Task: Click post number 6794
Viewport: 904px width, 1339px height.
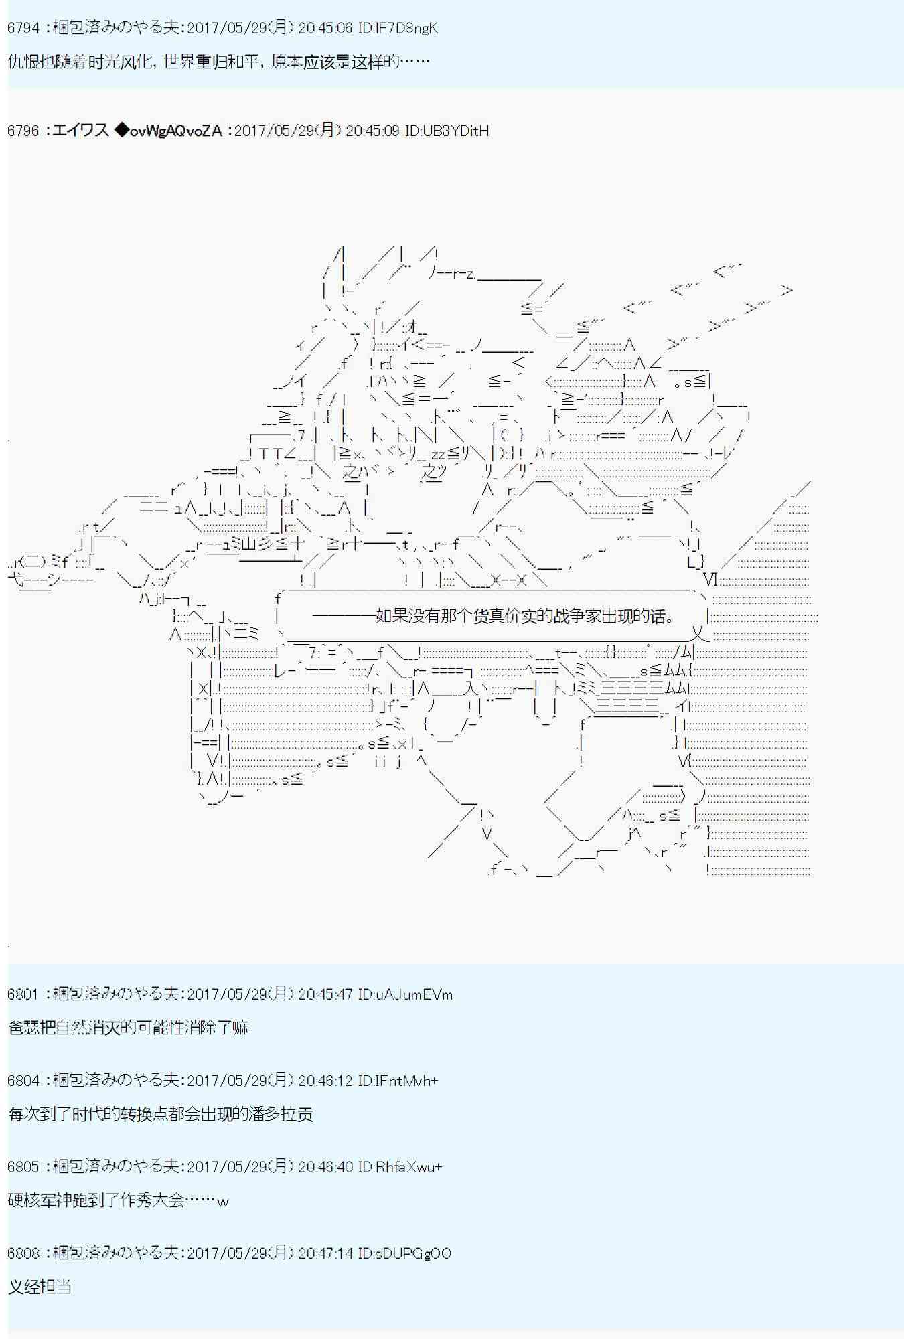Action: pyautogui.click(x=23, y=28)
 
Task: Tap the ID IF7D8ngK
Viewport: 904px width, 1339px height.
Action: pyautogui.click(x=398, y=28)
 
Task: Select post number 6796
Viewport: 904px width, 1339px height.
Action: pyautogui.click(x=23, y=131)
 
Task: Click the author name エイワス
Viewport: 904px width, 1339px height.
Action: pyautogui.click(x=80, y=131)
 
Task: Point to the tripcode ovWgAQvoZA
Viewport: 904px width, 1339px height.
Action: pyautogui.click(x=175, y=131)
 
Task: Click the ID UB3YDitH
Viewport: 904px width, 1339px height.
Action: pyautogui.click(x=447, y=131)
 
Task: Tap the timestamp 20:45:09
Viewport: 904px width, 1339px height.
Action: pyautogui.click(x=372, y=131)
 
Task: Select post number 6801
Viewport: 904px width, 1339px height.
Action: pyautogui.click(x=23, y=994)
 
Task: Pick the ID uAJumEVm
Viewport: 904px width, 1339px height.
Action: pyautogui.click(x=405, y=994)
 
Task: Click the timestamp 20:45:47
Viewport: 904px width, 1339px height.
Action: pyautogui.click(x=325, y=994)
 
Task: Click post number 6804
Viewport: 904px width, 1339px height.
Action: pyautogui.click(x=23, y=1081)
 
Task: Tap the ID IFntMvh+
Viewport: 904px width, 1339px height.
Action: pyautogui.click(x=398, y=1081)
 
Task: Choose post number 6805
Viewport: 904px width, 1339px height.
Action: pyautogui.click(x=23, y=1167)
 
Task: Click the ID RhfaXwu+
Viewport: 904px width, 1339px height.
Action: pyautogui.click(x=400, y=1167)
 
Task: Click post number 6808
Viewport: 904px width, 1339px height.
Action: pyautogui.click(x=23, y=1253)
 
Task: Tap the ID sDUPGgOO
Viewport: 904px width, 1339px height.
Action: pyautogui.click(x=404, y=1253)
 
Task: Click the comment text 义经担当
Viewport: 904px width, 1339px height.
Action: pyautogui.click(x=40, y=1287)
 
